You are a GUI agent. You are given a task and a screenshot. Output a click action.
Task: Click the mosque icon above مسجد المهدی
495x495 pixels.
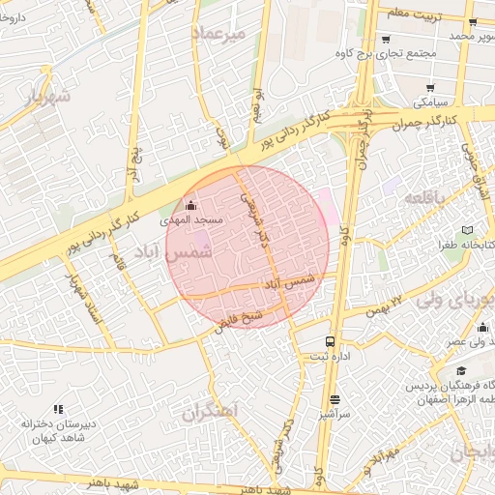tap(189, 205)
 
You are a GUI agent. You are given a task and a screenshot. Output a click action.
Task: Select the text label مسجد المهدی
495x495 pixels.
tap(198, 220)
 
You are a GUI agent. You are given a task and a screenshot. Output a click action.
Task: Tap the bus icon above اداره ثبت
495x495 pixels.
tap(331, 341)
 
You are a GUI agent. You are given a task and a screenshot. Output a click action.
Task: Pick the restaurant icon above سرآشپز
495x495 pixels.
tap(335, 398)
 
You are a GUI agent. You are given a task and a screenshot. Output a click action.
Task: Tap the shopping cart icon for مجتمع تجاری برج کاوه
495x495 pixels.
tap(386, 40)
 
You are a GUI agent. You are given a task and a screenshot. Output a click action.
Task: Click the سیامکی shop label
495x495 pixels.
tap(430, 100)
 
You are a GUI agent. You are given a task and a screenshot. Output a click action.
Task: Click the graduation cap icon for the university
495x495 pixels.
tap(462, 370)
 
